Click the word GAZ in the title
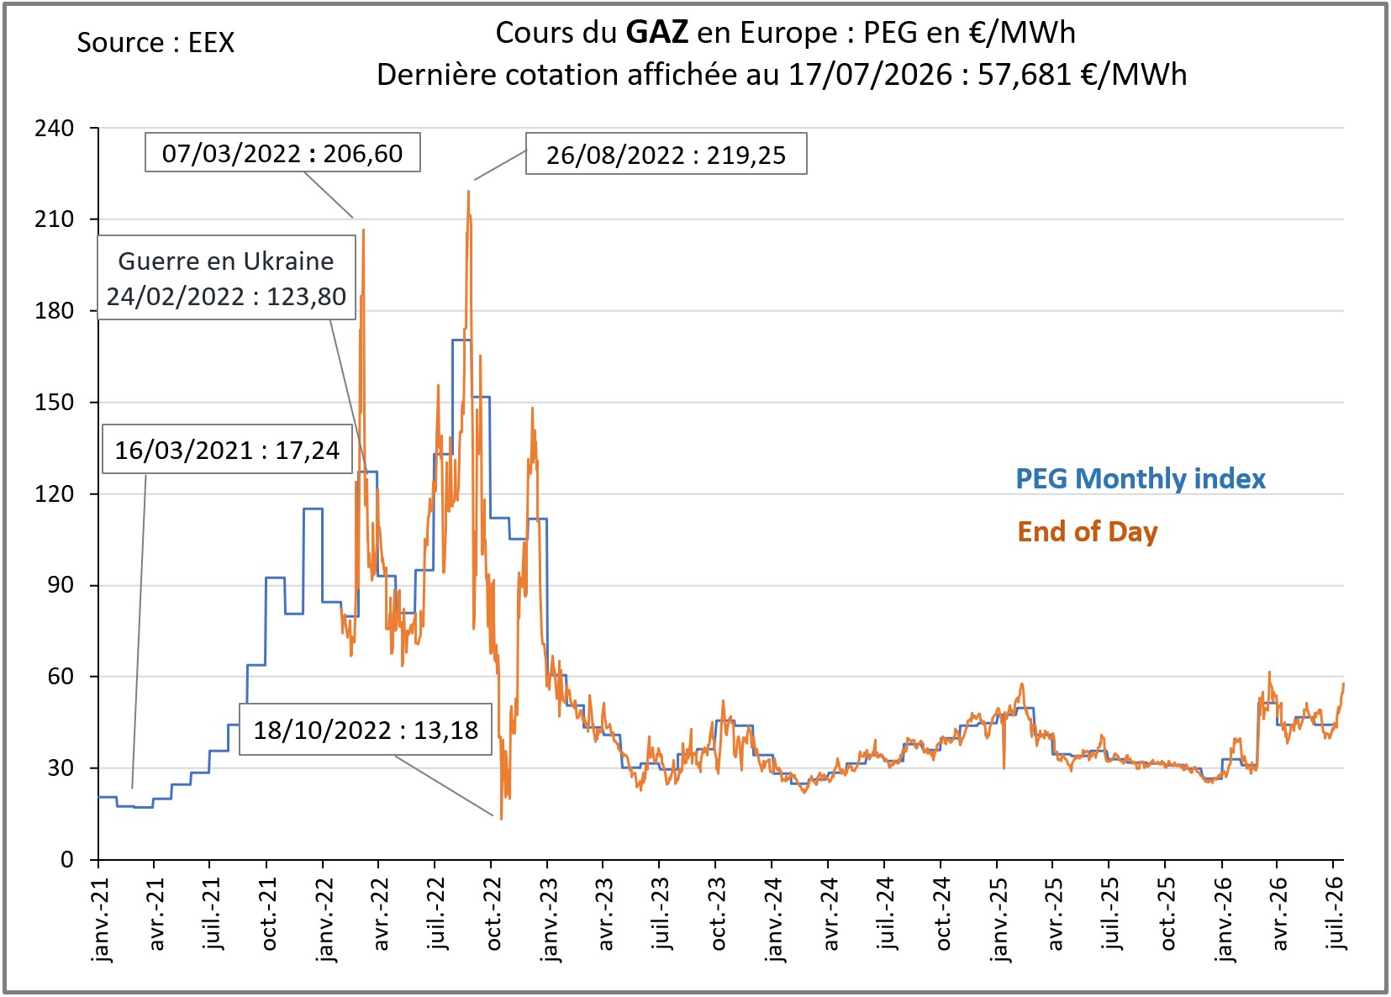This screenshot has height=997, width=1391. (657, 32)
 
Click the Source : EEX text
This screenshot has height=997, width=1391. (155, 43)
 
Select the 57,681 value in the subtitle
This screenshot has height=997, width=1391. (1025, 75)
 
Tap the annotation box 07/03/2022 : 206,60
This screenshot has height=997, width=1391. (282, 152)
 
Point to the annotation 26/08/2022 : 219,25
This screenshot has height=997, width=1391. (667, 154)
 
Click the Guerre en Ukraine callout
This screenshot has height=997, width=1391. (226, 277)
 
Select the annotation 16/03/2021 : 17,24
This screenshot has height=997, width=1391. (227, 449)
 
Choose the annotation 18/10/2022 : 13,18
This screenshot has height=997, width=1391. (366, 730)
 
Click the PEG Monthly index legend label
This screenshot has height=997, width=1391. (1141, 479)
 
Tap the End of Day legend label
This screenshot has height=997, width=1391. (1088, 532)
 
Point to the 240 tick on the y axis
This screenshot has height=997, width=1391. (54, 128)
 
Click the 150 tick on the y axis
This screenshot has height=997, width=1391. (54, 403)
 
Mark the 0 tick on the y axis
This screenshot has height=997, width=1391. (67, 860)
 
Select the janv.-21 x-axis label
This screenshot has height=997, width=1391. (99, 920)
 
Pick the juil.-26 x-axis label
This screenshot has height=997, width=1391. (1334, 913)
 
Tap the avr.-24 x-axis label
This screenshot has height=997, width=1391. (830, 914)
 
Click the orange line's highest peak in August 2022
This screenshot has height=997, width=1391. (468, 192)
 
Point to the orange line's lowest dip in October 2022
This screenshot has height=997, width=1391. (501, 819)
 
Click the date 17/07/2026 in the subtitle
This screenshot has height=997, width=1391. (870, 75)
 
